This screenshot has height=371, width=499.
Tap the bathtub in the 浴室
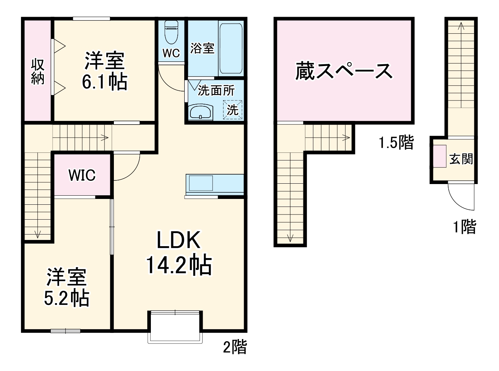(231, 48)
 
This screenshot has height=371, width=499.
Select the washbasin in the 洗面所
(200, 112)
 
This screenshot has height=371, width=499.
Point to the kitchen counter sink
(201, 183)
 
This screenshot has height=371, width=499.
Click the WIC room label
(82, 175)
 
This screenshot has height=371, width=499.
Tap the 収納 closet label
(38, 72)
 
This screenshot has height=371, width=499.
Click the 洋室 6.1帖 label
(104, 71)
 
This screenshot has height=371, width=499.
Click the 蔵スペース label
(344, 71)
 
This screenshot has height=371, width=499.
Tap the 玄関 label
(461, 159)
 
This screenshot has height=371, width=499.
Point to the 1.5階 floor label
(396, 142)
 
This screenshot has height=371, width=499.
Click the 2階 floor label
(235, 347)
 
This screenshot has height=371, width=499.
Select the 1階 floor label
(465, 227)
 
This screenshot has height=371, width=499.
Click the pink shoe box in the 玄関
(440, 156)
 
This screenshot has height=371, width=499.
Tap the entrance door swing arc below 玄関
(461, 198)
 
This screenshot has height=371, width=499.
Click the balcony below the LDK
(175, 327)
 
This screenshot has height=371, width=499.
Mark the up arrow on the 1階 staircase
(461, 26)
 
